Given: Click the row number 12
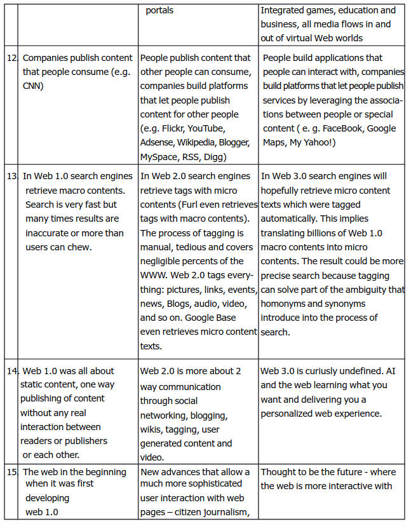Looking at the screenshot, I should click(x=11, y=58).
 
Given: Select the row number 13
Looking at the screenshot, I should click(x=11, y=176).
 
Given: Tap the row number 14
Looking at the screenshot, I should click(x=11, y=370).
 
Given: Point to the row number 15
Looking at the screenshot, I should click(x=11, y=472).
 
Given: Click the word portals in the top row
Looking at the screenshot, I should click(x=159, y=10).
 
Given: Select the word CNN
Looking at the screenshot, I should click(x=33, y=86).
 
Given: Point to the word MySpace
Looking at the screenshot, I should click(x=159, y=156).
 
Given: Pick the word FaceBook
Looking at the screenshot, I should click(x=344, y=128).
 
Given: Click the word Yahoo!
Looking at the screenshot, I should click(x=318, y=142).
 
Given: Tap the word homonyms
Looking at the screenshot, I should click(x=285, y=303).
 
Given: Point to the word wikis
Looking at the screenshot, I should click(x=151, y=429).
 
